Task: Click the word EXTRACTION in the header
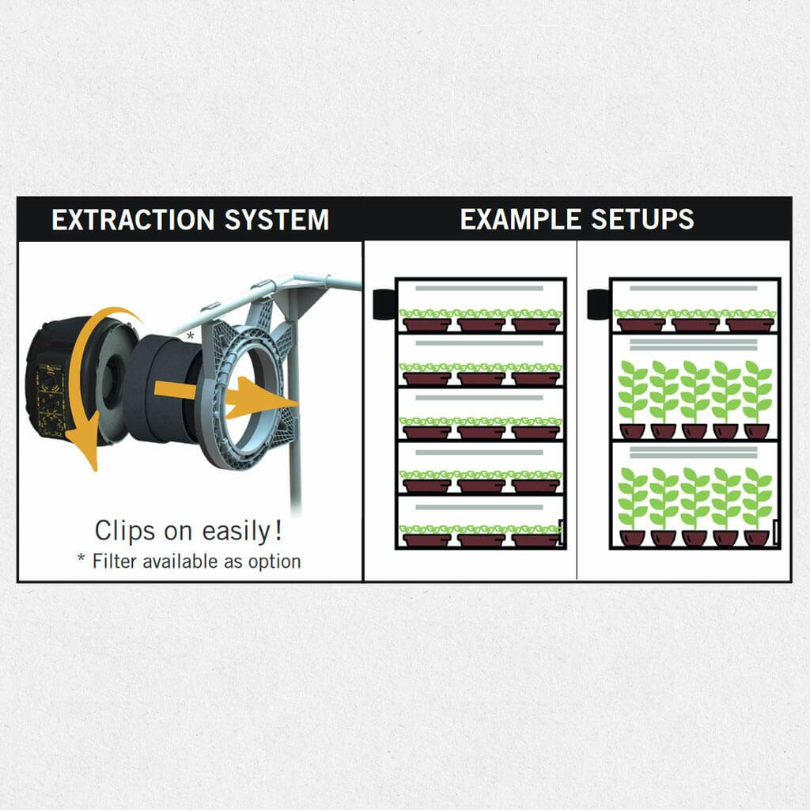(x=133, y=220)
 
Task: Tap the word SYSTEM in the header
(x=277, y=220)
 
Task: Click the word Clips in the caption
(x=124, y=531)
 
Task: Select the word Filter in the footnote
(x=115, y=561)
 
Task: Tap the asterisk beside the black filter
(x=190, y=335)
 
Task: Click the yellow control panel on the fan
(x=51, y=399)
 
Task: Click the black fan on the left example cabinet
(x=385, y=305)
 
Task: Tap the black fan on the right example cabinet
(x=600, y=305)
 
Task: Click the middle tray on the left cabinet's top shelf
(x=482, y=324)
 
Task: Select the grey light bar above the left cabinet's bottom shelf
(x=479, y=507)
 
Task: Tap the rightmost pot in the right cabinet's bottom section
(x=757, y=538)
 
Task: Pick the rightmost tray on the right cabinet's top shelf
(x=750, y=324)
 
